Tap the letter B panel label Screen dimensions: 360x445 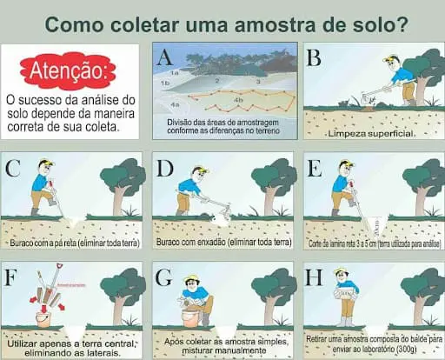pos(315,58)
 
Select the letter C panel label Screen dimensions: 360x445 pos(13,167)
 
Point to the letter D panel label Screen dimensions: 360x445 pos(165,168)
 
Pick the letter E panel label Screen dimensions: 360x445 pos(315,168)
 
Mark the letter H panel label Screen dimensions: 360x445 pos(315,279)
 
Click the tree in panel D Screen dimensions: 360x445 pos(274,178)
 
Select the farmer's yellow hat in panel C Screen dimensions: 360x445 pos(45,163)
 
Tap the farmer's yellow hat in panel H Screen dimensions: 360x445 pos(342,271)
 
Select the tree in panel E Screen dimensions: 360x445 pos(424,178)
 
